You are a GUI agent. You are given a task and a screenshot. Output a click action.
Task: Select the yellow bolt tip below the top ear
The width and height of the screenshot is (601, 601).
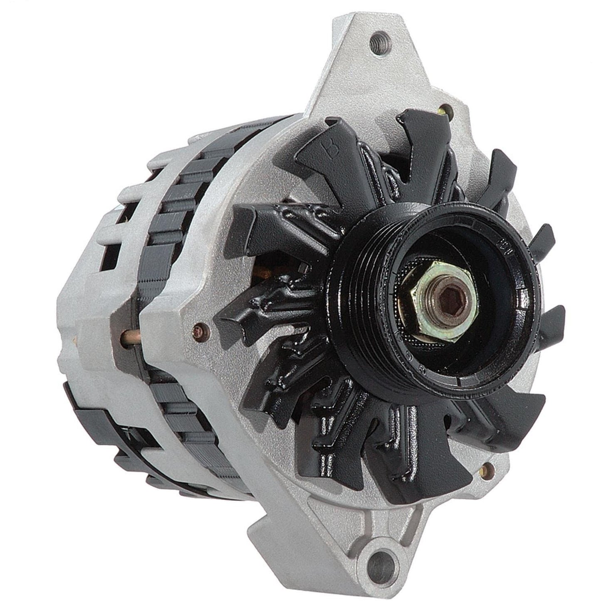[445, 110]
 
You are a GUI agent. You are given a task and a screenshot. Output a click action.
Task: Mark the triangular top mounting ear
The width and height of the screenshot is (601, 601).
[374, 62]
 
